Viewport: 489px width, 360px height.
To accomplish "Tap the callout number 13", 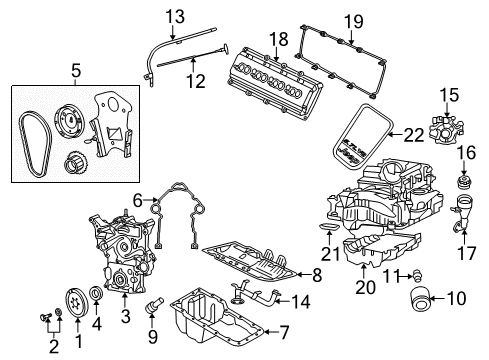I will pyautogui.click(x=176, y=16).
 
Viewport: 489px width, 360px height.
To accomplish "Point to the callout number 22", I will pyautogui.click(x=412, y=134).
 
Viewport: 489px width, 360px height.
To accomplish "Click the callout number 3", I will pyautogui.click(x=125, y=316).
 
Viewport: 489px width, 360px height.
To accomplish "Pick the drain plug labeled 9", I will pyautogui.click(x=154, y=301).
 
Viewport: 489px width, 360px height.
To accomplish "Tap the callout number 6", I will pyautogui.click(x=138, y=200).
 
